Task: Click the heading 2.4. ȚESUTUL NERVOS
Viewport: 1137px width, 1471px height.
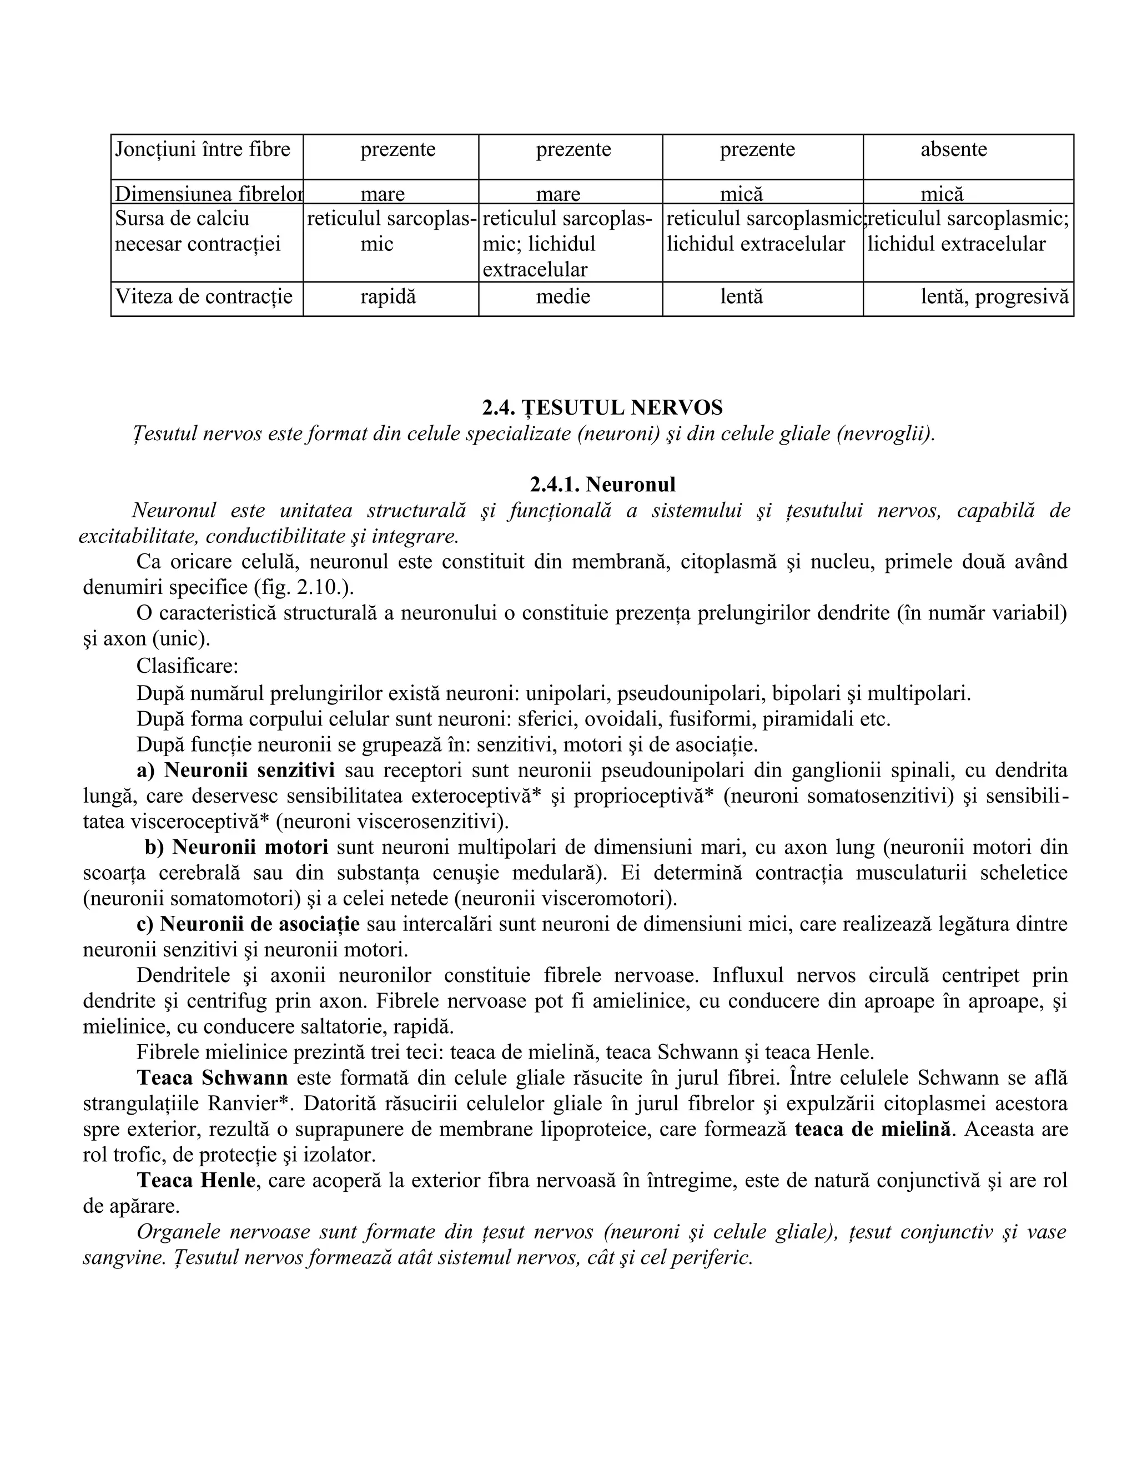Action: [602, 407]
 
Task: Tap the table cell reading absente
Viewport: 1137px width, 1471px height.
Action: [953, 149]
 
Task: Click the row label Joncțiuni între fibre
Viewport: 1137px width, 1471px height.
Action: [203, 149]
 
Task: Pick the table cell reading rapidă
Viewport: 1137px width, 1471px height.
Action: [388, 297]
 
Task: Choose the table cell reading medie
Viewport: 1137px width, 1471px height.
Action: [562, 297]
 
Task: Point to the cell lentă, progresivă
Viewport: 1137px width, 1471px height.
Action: [994, 297]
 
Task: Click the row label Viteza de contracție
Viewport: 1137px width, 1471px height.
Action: [204, 297]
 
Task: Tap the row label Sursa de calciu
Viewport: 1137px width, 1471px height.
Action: [182, 219]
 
